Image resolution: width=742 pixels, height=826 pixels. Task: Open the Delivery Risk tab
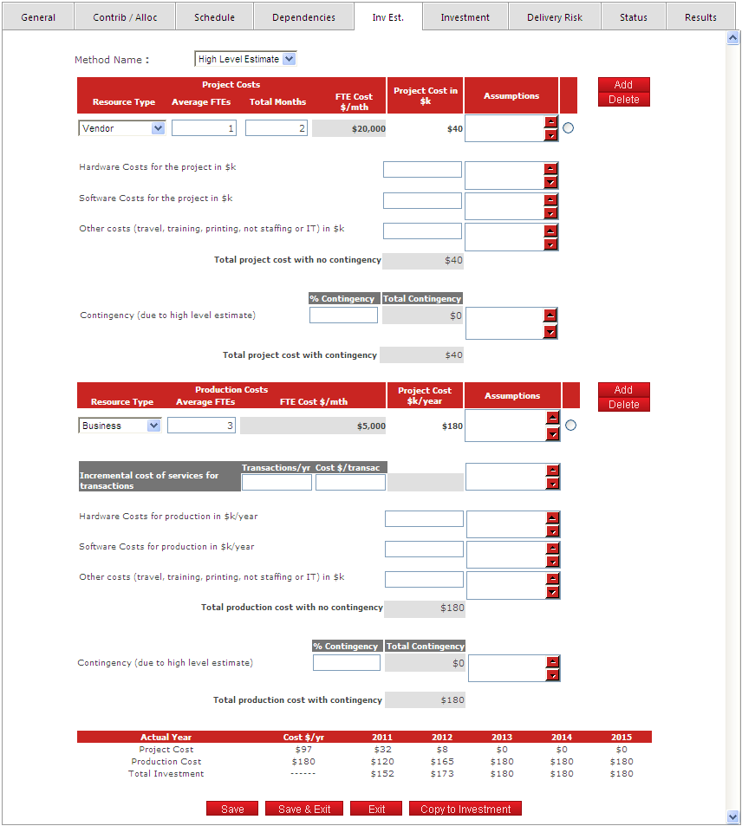[554, 17]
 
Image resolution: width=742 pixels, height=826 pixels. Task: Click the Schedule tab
[214, 17]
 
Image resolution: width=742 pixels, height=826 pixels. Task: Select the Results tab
[700, 17]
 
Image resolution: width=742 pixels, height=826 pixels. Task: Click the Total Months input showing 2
[276, 128]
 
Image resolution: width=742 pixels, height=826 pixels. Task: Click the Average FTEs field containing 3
[201, 426]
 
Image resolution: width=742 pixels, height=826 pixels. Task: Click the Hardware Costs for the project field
[422, 169]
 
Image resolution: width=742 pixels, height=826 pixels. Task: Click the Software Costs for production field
[424, 549]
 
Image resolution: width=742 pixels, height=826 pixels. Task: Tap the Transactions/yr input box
[277, 483]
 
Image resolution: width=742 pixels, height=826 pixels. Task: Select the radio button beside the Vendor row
[570, 128]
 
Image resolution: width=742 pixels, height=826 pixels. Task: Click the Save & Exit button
[304, 809]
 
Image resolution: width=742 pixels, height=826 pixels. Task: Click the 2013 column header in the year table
[502, 738]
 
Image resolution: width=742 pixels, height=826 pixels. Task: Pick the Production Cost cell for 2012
[442, 762]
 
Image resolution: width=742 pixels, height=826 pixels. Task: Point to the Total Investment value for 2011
[382, 774]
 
